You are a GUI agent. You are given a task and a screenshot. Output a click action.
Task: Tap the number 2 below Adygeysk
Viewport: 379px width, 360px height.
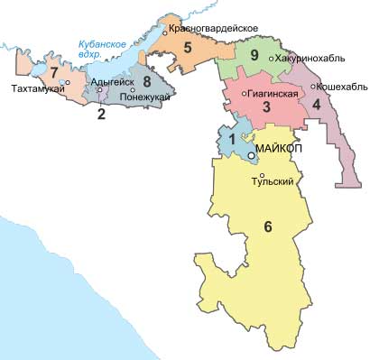tap(101, 115)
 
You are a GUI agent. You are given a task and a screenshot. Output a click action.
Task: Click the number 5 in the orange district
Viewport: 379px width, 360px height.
tap(189, 48)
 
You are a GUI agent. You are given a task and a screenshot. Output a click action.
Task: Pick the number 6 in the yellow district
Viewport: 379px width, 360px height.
tap(268, 226)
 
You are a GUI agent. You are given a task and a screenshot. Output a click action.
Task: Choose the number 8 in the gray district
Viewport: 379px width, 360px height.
tap(147, 81)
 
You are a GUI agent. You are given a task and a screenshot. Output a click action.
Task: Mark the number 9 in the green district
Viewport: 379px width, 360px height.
tap(254, 56)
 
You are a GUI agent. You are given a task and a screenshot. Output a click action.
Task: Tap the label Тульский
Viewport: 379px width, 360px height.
tap(277, 181)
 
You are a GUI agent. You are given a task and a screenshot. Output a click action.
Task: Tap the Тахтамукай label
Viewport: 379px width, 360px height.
tap(37, 89)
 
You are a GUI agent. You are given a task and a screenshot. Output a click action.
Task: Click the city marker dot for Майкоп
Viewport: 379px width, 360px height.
tap(252, 156)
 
